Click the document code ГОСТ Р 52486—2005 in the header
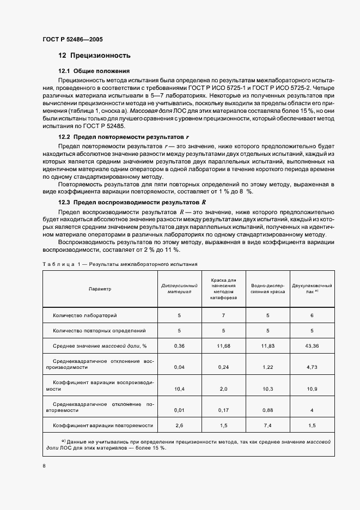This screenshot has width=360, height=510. [72, 40]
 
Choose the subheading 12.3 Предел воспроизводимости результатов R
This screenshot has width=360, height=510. [131, 202]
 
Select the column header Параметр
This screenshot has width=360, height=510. [100, 289]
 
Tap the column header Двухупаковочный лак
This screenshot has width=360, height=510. [312, 289]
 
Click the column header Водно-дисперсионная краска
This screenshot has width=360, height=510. [267, 289]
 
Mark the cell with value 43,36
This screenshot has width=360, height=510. [312, 345]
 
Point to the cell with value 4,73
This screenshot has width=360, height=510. [312, 367]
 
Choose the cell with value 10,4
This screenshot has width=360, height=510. [179, 390]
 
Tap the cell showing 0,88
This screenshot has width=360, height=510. [267, 410]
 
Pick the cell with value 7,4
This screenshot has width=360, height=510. [267, 425]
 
